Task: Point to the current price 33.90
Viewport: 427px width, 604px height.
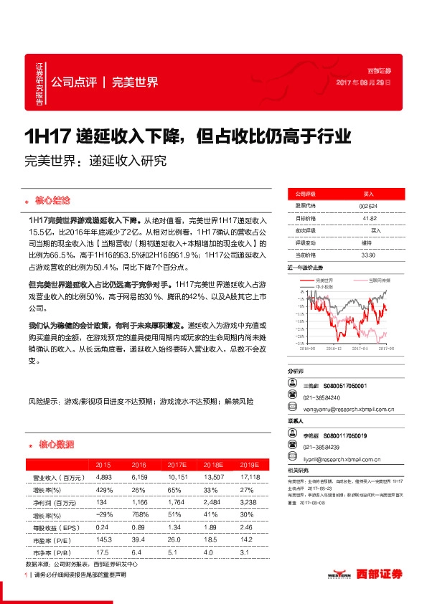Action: [368, 255]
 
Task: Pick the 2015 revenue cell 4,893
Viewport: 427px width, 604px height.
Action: [98, 477]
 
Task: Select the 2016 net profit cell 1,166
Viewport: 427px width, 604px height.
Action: [139, 503]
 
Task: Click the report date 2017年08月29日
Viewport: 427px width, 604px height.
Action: [364, 83]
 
